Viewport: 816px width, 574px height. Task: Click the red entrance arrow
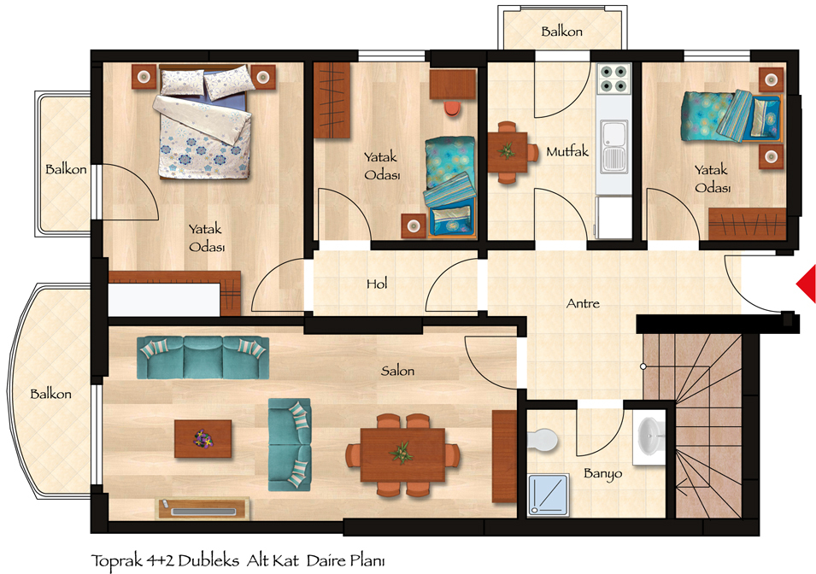coord(807,283)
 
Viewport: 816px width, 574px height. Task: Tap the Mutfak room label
coord(567,151)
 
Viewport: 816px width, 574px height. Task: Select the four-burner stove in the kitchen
coord(614,78)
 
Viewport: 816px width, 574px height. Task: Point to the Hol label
coord(377,284)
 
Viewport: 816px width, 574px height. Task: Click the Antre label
coord(583,303)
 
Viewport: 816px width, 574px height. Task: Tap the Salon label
coord(397,371)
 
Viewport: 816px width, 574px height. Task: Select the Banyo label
coord(602,474)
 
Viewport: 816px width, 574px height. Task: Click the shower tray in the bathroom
coord(549,495)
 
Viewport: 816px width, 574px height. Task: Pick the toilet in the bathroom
coord(543,440)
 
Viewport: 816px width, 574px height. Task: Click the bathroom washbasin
coord(650,436)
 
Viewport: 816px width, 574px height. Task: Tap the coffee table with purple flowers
coord(203,439)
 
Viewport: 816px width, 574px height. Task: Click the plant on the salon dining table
coord(402,453)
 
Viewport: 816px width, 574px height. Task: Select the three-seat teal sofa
coord(203,358)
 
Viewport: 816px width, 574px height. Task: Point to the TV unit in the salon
coord(203,508)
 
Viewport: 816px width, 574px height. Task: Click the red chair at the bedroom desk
coord(452,108)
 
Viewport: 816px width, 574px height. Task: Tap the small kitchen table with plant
coord(507,152)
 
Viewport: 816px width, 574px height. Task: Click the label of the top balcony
coord(561,32)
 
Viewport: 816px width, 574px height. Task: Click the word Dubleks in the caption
coord(208,560)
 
